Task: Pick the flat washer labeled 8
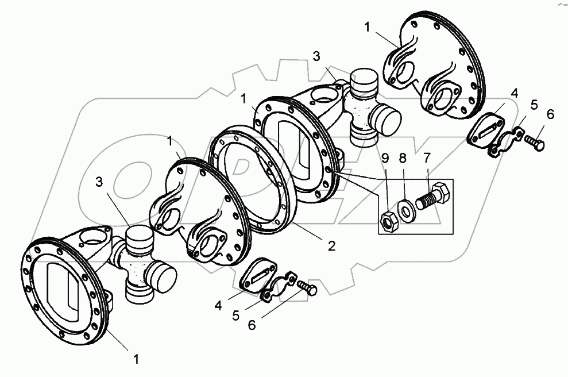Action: [407, 210]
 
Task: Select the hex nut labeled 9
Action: [388, 220]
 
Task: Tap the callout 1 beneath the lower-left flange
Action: [136, 359]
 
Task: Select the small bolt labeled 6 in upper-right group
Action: [536, 142]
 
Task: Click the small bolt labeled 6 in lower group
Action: [307, 288]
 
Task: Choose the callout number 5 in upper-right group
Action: [534, 105]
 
